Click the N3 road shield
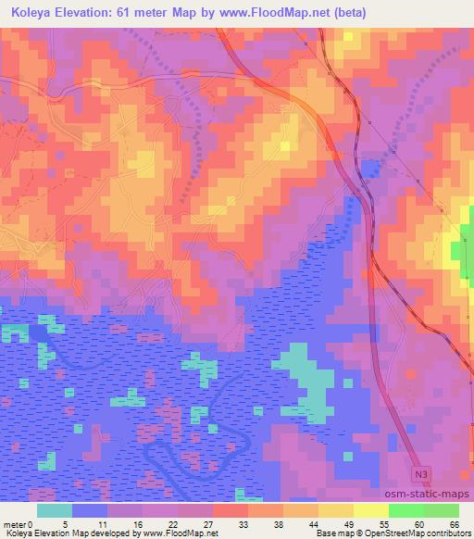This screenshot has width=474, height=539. coord(421,473)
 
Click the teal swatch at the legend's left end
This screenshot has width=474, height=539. coord(55,509)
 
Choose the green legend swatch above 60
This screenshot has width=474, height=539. coord(406,509)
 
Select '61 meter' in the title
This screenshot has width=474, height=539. coord(148,13)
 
